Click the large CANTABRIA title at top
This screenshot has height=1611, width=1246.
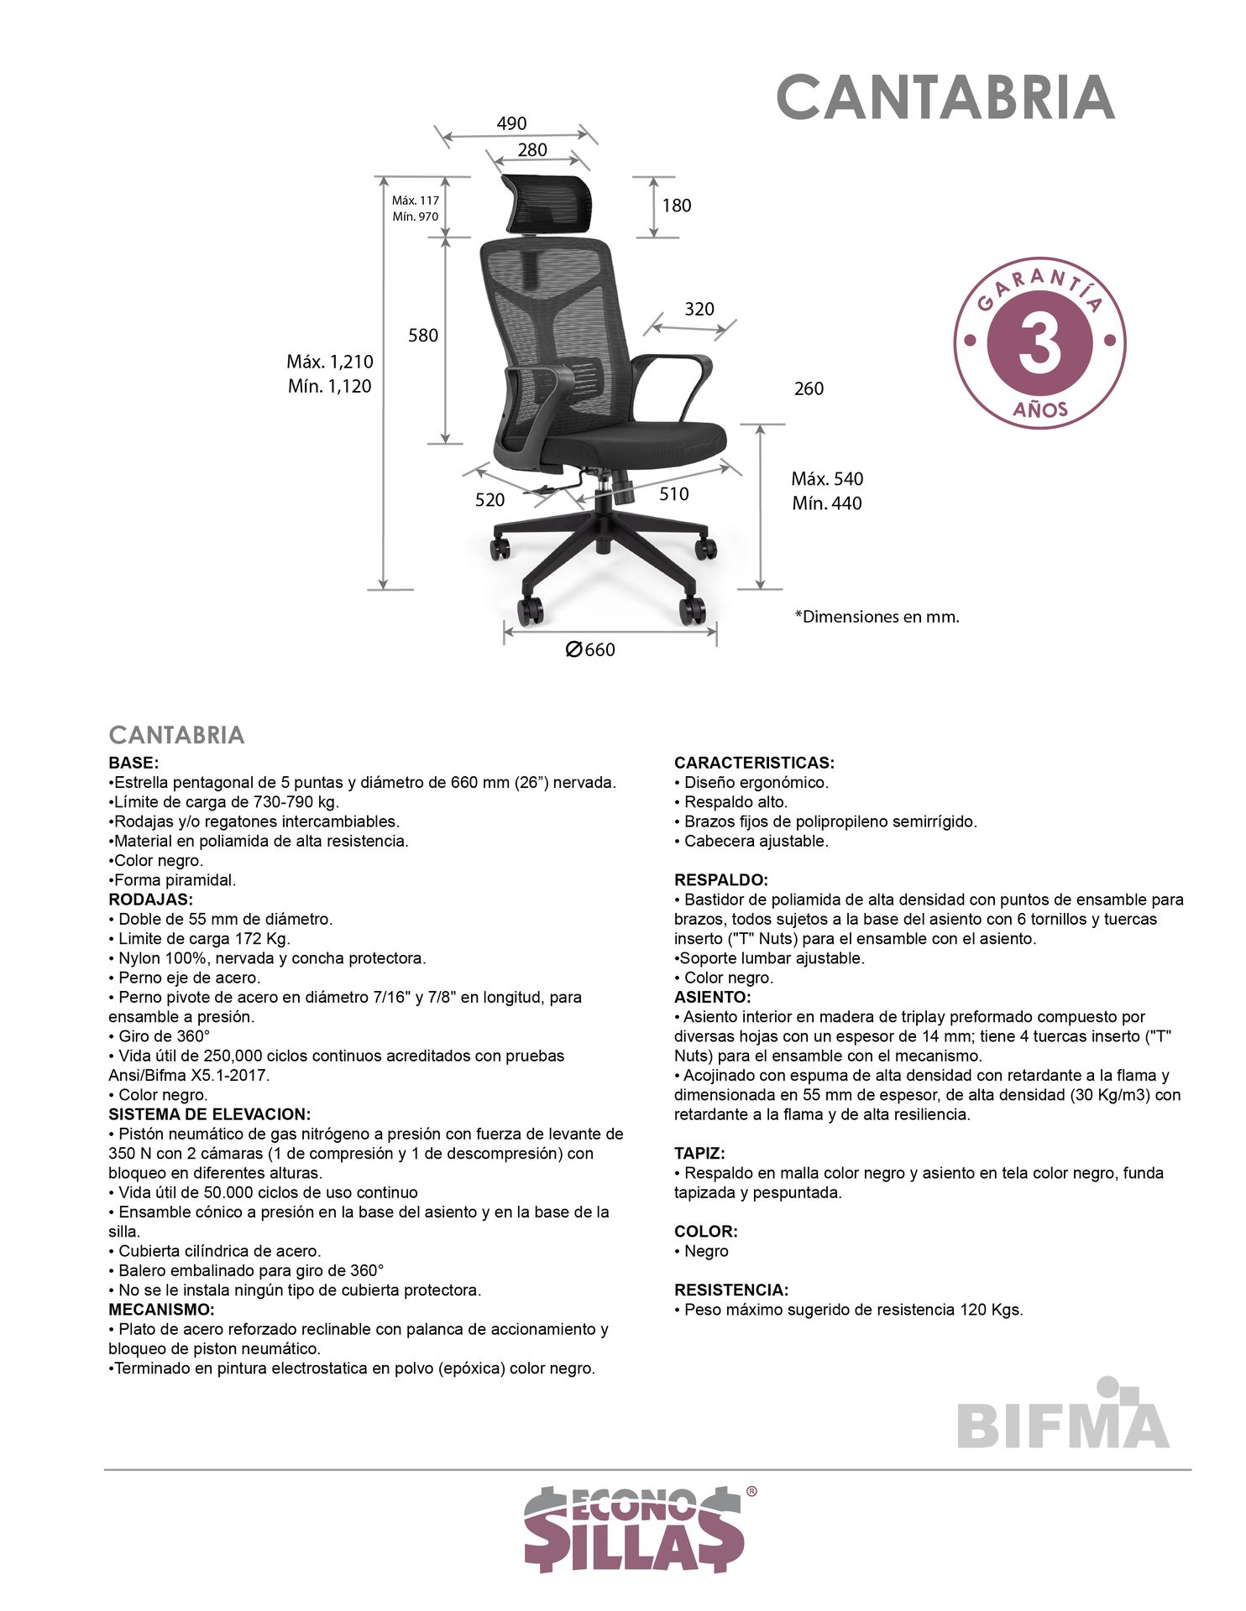945,97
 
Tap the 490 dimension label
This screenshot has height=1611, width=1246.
511,123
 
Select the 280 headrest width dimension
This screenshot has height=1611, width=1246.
532,149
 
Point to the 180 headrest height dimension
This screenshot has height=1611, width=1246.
677,206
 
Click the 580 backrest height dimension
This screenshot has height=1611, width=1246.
423,336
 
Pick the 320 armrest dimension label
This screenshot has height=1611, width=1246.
699,309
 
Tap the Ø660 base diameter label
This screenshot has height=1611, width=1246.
590,649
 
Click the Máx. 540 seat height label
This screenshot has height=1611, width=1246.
827,479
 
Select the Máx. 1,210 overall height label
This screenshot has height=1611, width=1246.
330,362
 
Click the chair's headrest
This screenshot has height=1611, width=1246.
547,201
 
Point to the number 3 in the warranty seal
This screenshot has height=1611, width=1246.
1040,343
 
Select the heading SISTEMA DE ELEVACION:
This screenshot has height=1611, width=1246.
210,1114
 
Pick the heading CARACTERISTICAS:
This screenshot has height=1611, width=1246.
754,763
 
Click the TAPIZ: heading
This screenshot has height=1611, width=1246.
699,1154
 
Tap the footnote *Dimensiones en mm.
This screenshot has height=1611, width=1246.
877,617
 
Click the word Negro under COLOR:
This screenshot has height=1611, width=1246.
706,1251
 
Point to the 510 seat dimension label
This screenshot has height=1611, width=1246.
674,494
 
